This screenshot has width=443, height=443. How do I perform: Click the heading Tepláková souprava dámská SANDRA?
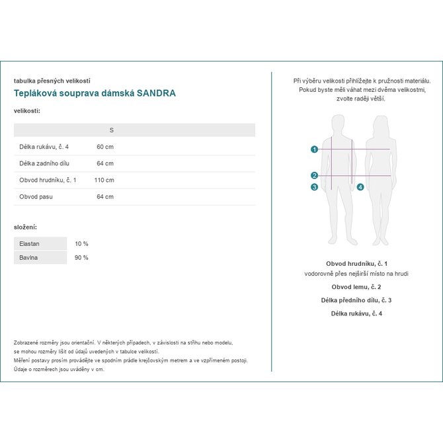coord(95,93)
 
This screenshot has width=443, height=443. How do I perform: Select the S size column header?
coord(111,130)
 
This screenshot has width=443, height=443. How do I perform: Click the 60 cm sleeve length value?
coord(105,147)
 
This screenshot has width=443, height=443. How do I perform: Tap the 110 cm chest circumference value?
coord(104,180)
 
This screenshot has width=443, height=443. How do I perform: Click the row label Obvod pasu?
coord(36,196)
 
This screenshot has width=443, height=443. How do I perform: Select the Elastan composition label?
coord(30,243)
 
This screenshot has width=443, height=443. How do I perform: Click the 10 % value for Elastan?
coord(81,243)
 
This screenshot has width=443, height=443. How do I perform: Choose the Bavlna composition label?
coord(28,257)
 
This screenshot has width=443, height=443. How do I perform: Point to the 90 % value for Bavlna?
coord(81,257)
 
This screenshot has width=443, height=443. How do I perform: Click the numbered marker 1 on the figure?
coord(314,149)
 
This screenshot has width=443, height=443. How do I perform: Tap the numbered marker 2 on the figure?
coord(314,175)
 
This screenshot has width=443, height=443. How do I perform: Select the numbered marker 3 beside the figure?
coord(314,187)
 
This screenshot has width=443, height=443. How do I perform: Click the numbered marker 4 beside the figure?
coord(360,187)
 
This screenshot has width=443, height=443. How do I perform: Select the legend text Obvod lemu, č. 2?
coord(356,287)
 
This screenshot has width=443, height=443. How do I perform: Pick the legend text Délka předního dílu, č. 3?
coord(356,300)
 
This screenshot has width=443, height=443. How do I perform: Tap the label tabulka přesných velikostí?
coord(52,81)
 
